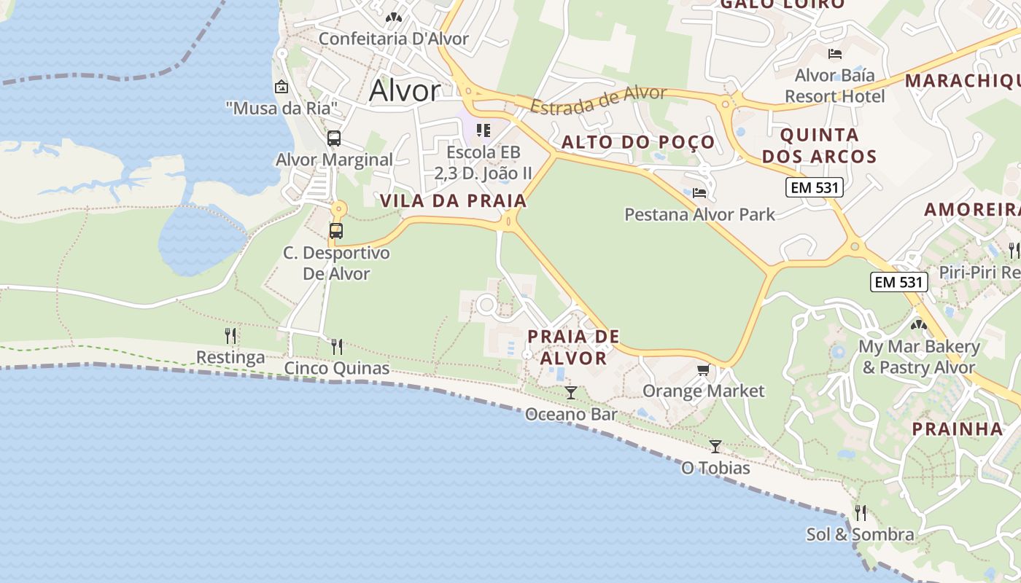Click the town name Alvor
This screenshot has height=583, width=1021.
[x=405, y=90]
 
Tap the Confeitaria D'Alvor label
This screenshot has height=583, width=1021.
[x=394, y=39]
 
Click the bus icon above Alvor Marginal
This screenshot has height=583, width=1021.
[x=334, y=138]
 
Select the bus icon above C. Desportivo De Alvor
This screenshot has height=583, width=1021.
[x=336, y=231]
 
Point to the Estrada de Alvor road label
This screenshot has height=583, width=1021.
[x=598, y=100]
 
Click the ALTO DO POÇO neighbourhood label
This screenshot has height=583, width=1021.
[x=638, y=142]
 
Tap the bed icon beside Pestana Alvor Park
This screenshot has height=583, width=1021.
[x=699, y=193]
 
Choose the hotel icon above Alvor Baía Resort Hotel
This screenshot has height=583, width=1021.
[x=835, y=54]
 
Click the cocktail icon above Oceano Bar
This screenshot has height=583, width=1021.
[x=571, y=393]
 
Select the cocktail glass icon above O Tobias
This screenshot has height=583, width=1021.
[x=715, y=446]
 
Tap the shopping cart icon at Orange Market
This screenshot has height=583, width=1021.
[x=703, y=370]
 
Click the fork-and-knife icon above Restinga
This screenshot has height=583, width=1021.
[x=230, y=336]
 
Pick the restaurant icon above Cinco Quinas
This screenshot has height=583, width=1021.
[x=337, y=346]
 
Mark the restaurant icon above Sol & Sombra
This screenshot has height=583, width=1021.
[x=860, y=513]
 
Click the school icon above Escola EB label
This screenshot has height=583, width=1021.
[x=483, y=130]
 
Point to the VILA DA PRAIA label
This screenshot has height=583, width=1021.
[x=453, y=201]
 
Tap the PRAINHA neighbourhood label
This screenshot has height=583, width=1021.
[x=958, y=429]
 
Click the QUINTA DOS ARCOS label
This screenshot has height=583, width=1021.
[x=828, y=146]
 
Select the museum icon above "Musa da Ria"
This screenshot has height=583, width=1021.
[x=282, y=87]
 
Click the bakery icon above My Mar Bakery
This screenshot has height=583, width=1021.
[x=919, y=324]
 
